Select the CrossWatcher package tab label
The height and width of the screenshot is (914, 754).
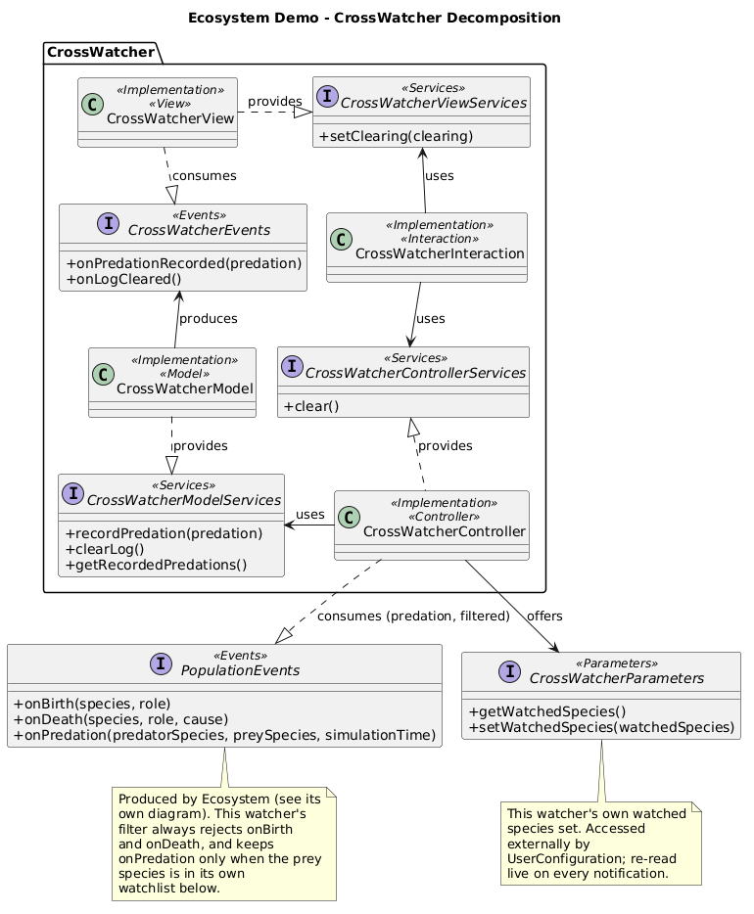tap(101, 53)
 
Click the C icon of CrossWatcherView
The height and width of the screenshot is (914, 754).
tap(93, 105)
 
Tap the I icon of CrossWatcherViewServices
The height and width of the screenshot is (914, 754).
tap(327, 96)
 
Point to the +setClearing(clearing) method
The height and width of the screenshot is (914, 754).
tap(396, 136)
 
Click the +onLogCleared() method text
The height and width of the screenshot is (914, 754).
tap(123, 279)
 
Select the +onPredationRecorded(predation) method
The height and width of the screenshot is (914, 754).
tap(184, 263)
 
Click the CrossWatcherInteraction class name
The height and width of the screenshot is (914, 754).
tap(440, 253)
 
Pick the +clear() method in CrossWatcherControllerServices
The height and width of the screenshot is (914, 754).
tap(311, 407)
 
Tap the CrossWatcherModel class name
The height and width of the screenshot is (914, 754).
tap(185, 388)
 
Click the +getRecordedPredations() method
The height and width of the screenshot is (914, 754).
tap(157, 565)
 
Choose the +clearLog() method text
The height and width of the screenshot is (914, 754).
tap(105, 549)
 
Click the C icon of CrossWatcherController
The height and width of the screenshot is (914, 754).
tap(349, 517)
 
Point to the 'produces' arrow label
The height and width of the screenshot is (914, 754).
tap(209, 319)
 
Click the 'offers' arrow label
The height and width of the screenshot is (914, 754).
tap(544, 617)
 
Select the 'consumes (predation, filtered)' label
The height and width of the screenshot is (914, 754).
tap(413, 617)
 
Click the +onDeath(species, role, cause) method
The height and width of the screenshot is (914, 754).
tap(120, 720)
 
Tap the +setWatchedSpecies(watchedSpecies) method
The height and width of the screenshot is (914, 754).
tap(601, 728)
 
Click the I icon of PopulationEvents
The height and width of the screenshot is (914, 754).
tap(161, 663)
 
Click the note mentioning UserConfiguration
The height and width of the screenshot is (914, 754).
tap(601, 844)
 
